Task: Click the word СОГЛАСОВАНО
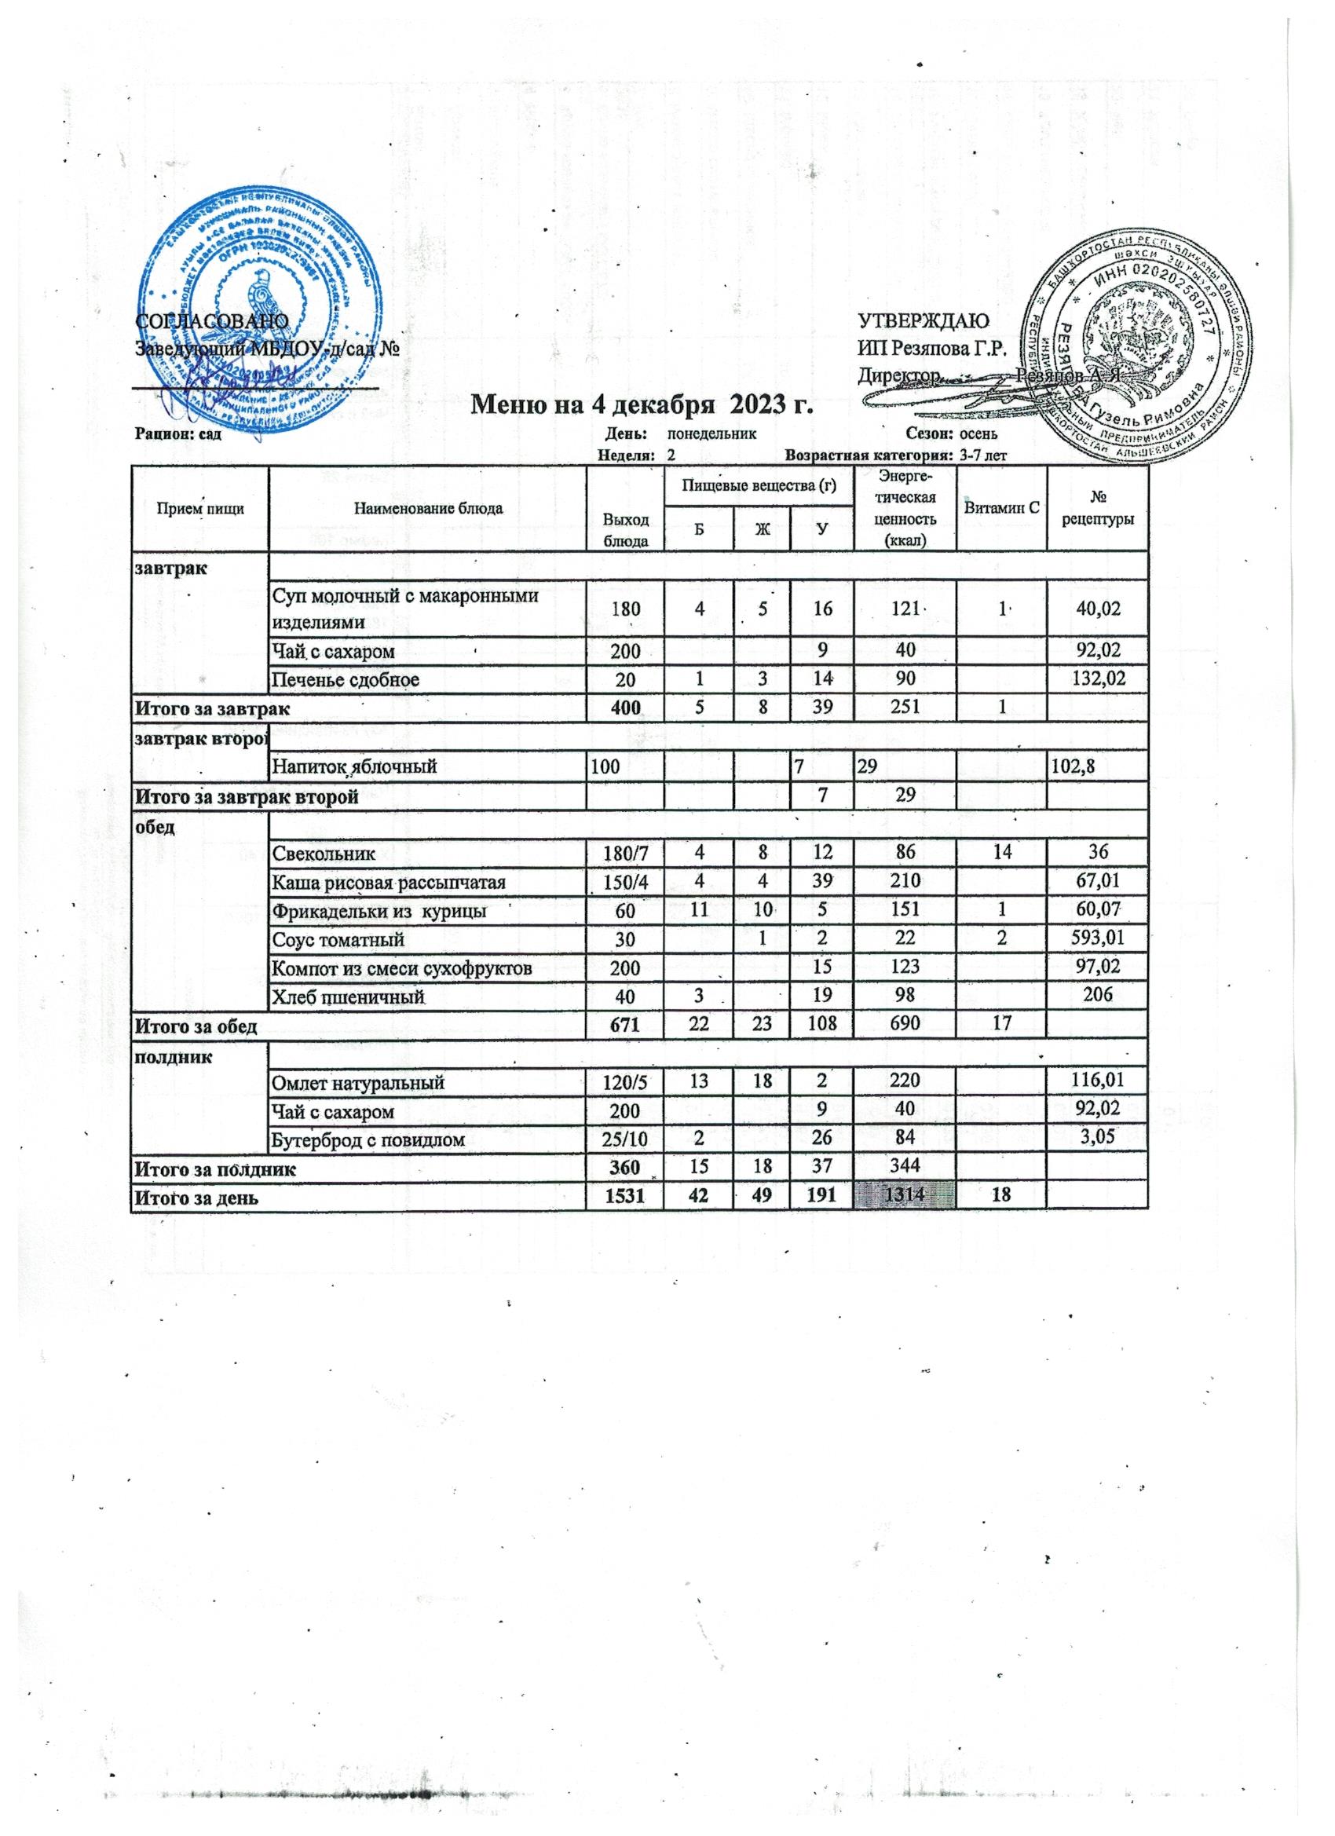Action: tap(211, 320)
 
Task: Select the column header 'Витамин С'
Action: tap(1000, 507)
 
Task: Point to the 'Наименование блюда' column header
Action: tap(427, 508)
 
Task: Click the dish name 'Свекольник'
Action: tap(324, 853)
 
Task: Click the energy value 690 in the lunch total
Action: tap(905, 1027)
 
